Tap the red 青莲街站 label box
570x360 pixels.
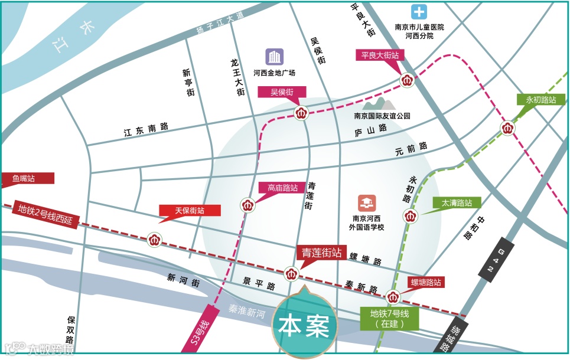(321, 254)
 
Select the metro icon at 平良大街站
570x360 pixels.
(407, 79)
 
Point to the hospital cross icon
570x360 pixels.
(419, 12)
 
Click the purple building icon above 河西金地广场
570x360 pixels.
(273, 57)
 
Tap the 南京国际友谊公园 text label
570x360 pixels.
(382, 116)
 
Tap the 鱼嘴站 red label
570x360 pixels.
(27, 178)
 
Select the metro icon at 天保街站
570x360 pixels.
(154, 240)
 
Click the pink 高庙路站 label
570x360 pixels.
(282, 188)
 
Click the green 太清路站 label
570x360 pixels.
(457, 202)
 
